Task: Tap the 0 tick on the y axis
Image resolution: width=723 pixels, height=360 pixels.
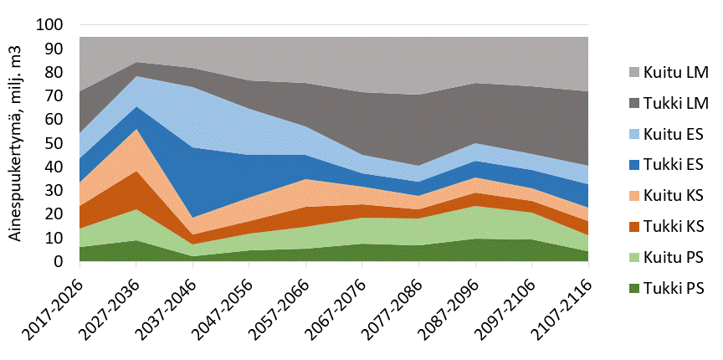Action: pos(60,262)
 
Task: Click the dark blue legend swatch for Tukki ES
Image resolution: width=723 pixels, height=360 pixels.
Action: pos(629,165)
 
